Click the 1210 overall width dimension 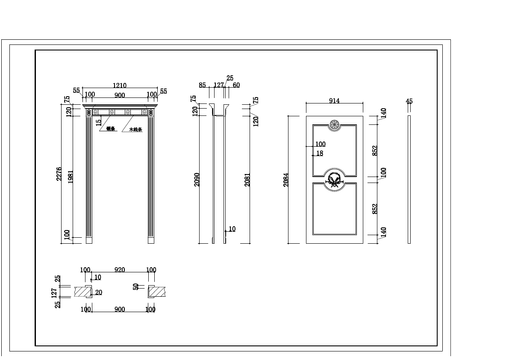(119, 86)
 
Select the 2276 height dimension (59, 174)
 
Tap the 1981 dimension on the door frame (70, 177)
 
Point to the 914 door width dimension (334, 101)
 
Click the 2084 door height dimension (286, 179)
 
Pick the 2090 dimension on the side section (197, 179)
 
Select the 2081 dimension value (247, 179)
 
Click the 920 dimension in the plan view (119, 270)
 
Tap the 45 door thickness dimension (409, 101)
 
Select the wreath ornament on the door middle (334, 180)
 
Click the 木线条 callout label (135, 129)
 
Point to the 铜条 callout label (111, 128)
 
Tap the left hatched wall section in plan (82, 292)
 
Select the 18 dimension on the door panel (320, 153)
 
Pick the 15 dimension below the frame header (99, 122)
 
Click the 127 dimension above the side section (218, 85)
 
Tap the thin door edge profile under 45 (409, 179)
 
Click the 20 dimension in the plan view (99, 292)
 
